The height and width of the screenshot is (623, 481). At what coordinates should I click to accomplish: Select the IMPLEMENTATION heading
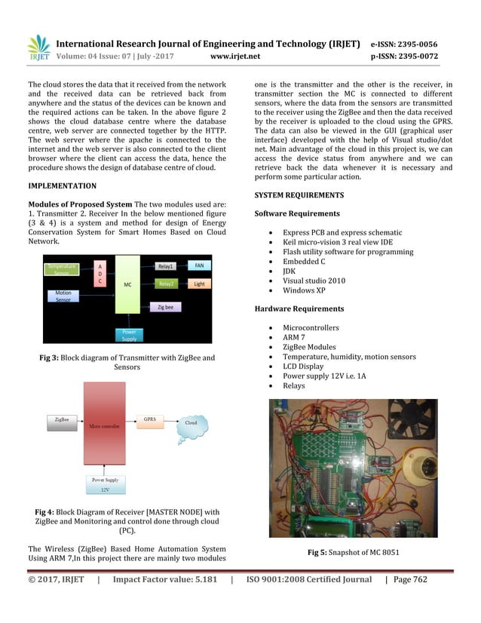pyautogui.click(x=62, y=185)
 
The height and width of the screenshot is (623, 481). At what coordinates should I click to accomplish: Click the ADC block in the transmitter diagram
pyautogui.click(x=100, y=273)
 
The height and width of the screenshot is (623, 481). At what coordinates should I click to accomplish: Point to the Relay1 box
pyautogui.click(x=165, y=266)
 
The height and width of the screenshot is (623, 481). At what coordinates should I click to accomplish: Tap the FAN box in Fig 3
pyautogui.click(x=199, y=265)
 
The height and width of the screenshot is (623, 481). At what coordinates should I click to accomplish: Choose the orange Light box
pyautogui.click(x=199, y=284)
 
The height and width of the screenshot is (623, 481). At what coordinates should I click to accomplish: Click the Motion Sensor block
pyautogui.click(x=63, y=296)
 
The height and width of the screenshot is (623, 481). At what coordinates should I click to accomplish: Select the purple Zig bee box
pyautogui.click(x=165, y=308)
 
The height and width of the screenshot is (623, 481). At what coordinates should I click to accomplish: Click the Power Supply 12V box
pyautogui.click(x=105, y=483)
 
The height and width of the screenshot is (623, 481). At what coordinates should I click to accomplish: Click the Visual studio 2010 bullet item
pyautogui.click(x=314, y=280)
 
